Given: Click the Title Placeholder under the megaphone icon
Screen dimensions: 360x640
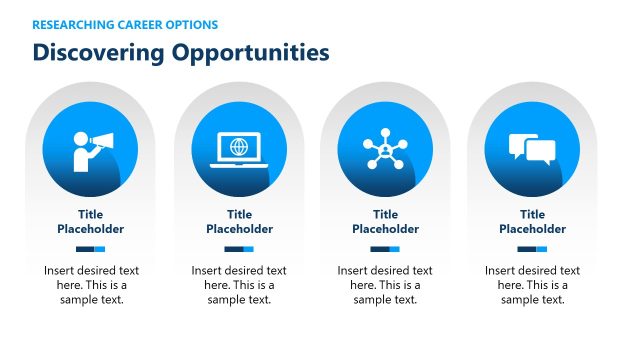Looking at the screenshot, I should click(x=91, y=221).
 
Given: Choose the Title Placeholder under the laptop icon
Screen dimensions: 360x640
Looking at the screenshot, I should click(x=239, y=221).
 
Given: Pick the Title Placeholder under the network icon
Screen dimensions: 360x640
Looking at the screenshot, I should click(x=385, y=221).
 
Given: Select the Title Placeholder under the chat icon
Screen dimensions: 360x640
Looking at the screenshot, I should click(x=532, y=221).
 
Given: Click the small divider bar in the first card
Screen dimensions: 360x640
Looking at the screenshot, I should click(x=91, y=249).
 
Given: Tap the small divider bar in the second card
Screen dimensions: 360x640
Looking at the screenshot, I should click(x=239, y=249).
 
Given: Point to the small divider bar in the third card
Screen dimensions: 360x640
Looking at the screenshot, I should click(x=385, y=249).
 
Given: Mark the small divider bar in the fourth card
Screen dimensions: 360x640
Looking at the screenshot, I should click(x=532, y=249).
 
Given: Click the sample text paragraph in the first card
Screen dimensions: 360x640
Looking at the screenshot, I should click(x=91, y=285).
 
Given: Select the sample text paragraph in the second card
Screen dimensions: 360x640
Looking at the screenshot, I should click(x=239, y=285).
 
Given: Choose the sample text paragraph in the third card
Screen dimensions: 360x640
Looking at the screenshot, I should click(x=385, y=285).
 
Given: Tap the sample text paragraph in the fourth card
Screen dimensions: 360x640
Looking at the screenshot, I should click(x=532, y=285).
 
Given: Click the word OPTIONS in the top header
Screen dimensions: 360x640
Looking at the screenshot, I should click(x=191, y=24).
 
